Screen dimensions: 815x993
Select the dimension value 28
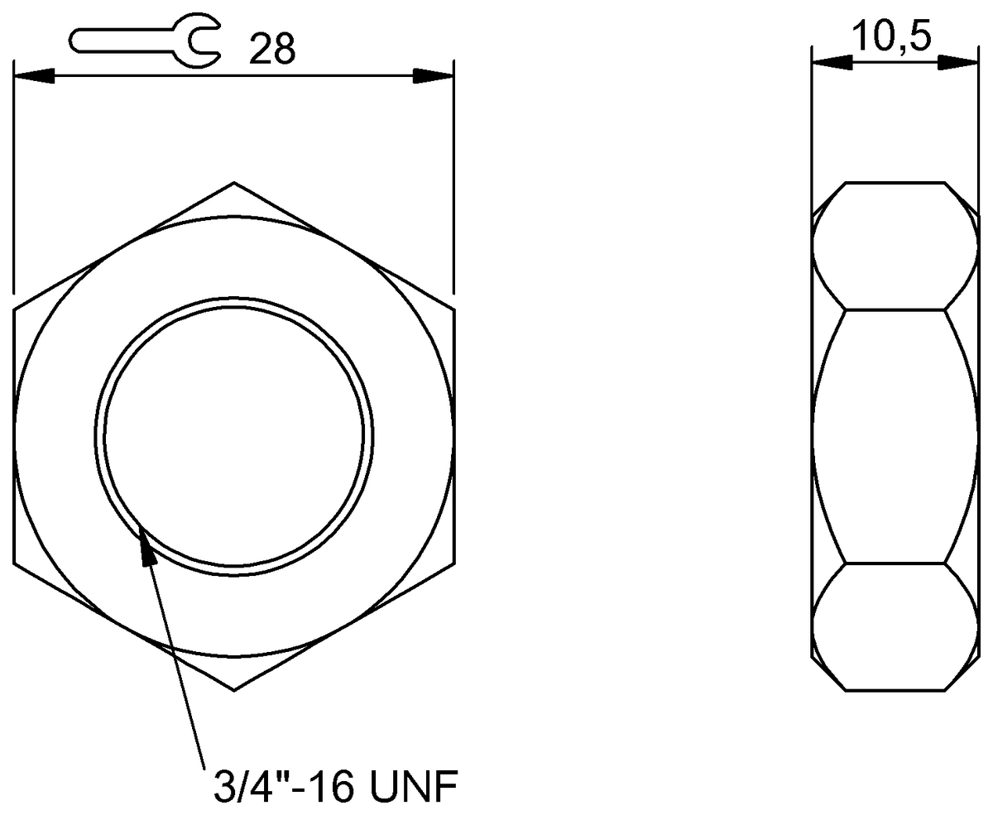point(272,50)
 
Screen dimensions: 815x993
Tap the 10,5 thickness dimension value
point(892,37)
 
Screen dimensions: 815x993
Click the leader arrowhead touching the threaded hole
point(146,546)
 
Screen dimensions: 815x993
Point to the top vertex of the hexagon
point(234,183)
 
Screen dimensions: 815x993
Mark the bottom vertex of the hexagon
point(234,690)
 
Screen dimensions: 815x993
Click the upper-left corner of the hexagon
point(15,310)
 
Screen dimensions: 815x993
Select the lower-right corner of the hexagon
point(453,563)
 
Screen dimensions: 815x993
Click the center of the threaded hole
point(234,437)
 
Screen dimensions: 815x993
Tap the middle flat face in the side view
point(895,437)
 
